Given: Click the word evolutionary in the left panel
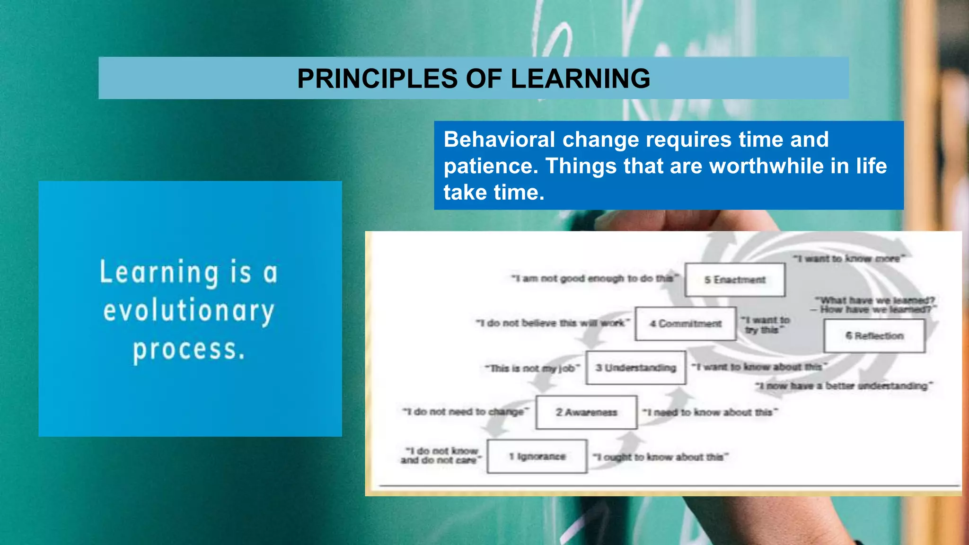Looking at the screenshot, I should (189, 311).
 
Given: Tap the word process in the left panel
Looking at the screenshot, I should (189, 350).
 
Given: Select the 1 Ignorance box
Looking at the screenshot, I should (537, 457).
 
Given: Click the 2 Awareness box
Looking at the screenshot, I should (586, 413).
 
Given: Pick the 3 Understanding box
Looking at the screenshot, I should (635, 368).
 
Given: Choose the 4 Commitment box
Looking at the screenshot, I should (685, 324).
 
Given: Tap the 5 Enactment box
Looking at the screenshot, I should (734, 280).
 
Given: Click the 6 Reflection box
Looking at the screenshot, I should (874, 336).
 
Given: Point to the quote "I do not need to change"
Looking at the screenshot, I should (466, 412).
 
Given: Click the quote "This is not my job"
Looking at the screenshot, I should (532, 368).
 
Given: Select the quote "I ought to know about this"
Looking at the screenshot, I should (661, 457).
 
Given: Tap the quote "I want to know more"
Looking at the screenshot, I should (849, 258).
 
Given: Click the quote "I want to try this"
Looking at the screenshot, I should (765, 325).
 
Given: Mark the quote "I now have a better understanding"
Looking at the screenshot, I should (844, 386).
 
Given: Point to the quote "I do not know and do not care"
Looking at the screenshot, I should (440, 456).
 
